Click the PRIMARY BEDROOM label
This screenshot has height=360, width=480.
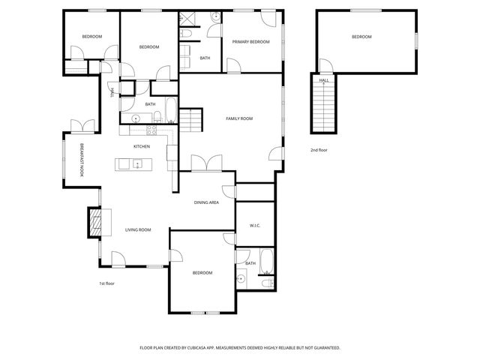point(250,42)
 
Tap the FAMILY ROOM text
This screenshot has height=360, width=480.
point(239,118)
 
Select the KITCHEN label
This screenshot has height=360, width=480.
point(142,146)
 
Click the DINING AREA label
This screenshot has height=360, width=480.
point(206,202)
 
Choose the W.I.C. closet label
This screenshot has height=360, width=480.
point(253,224)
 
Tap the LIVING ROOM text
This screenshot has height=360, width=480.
point(138,229)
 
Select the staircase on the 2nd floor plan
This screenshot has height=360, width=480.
point(324,106)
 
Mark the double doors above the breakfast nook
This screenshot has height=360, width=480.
point(81,124)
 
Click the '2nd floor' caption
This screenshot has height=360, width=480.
point(319,150)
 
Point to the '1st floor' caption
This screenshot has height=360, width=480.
point(106,283)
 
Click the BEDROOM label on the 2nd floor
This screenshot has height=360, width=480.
point(361,37)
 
